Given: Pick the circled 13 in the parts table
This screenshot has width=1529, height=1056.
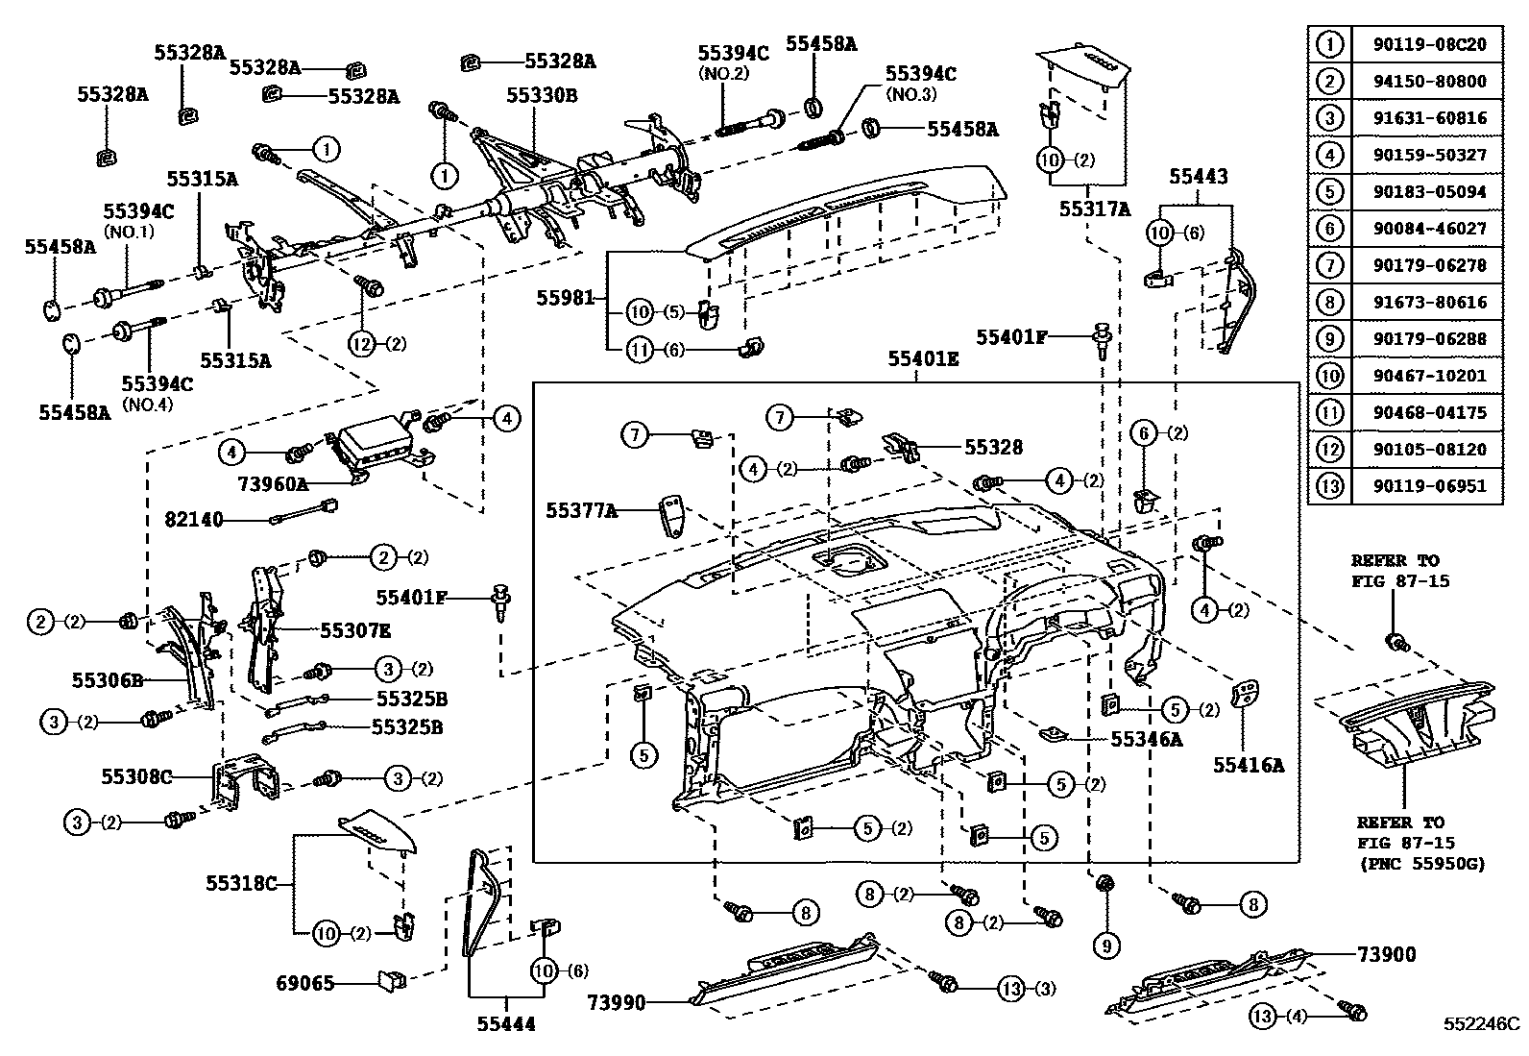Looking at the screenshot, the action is tap(1329, 486).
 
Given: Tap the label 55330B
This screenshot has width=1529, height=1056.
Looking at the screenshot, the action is tap(542, 95).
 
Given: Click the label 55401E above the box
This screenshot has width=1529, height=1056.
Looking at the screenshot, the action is tap(922, 359).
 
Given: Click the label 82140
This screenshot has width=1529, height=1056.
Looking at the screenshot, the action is tap(194, 520).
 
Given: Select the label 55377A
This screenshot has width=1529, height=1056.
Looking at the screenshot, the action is tap(582, 511).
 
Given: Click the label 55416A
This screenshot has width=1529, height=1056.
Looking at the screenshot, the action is tap(1248, 765).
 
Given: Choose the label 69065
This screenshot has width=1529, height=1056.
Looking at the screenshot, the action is tap(305, 983).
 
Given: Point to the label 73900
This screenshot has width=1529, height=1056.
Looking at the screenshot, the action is tap(1386, 954).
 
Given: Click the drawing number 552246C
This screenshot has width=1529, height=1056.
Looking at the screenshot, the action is tap(1479, 1024).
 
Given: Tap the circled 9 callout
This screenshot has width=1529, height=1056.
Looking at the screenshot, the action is tap(1105, 945).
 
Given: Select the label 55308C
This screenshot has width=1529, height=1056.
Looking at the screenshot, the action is tap(136, 774).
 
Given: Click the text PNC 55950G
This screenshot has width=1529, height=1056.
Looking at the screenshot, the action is tap(1422, 864).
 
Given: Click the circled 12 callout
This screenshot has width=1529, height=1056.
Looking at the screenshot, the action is tap(361, 345).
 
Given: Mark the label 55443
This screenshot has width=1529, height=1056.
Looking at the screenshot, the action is tap(1198, 176).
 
